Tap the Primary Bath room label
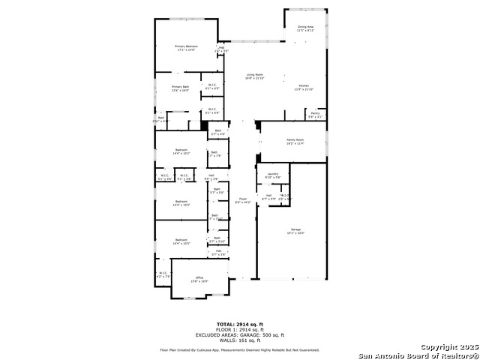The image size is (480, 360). coord(180,88)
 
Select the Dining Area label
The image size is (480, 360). coord(305,28)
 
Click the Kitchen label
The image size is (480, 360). coord(304,87)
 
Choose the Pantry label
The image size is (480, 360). coord(315,115)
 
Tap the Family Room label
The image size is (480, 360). coord(295,142)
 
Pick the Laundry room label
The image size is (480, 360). coord(273,175)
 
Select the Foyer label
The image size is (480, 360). coord(243,201)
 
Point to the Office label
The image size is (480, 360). coord(199,279)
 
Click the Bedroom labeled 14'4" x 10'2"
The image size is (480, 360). coord(181,151)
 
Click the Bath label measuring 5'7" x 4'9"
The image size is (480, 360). coord(217,133)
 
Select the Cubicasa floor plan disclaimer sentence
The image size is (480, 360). coord(239,349)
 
